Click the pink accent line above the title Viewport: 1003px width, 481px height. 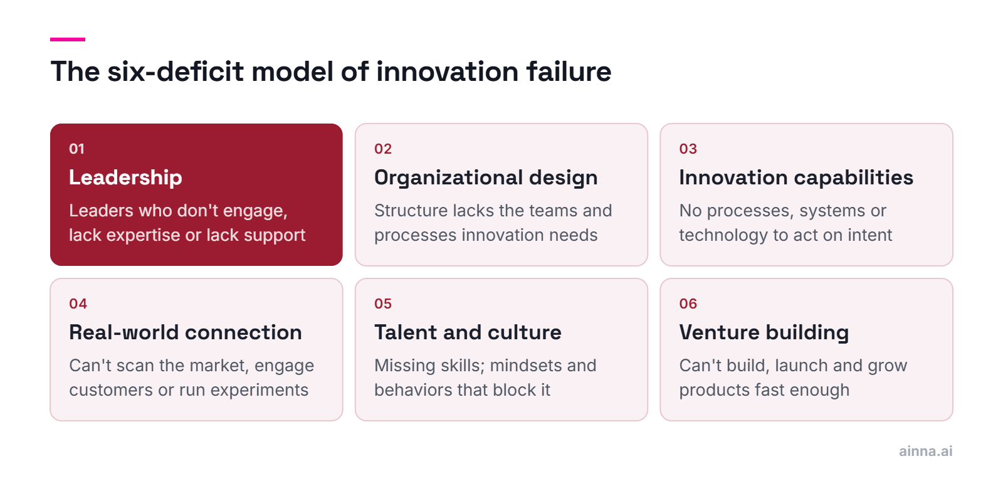[x=68, y=40]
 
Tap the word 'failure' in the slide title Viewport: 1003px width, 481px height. [x=569, y=71]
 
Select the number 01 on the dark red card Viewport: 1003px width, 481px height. [x=76, y=149]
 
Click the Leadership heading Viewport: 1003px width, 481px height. [x=126, y=178]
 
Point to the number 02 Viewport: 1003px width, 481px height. [x=383, y=149]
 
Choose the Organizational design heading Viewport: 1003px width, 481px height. [x=486, y=178]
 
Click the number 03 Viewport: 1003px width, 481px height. [x=688, y=149]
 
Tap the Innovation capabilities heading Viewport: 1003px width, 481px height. [x=796, y=178]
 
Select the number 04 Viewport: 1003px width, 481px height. [x=78, y=304]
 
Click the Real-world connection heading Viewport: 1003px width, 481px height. [x=186, y=332]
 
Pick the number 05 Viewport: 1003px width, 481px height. [x=383, y=304]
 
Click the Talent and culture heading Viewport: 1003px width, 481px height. [x=468, y=332]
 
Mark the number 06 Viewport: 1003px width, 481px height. [x=688, y=304]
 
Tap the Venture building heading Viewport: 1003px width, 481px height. [x=764, y=333]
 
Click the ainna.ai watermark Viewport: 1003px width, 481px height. [x=925, y=451]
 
